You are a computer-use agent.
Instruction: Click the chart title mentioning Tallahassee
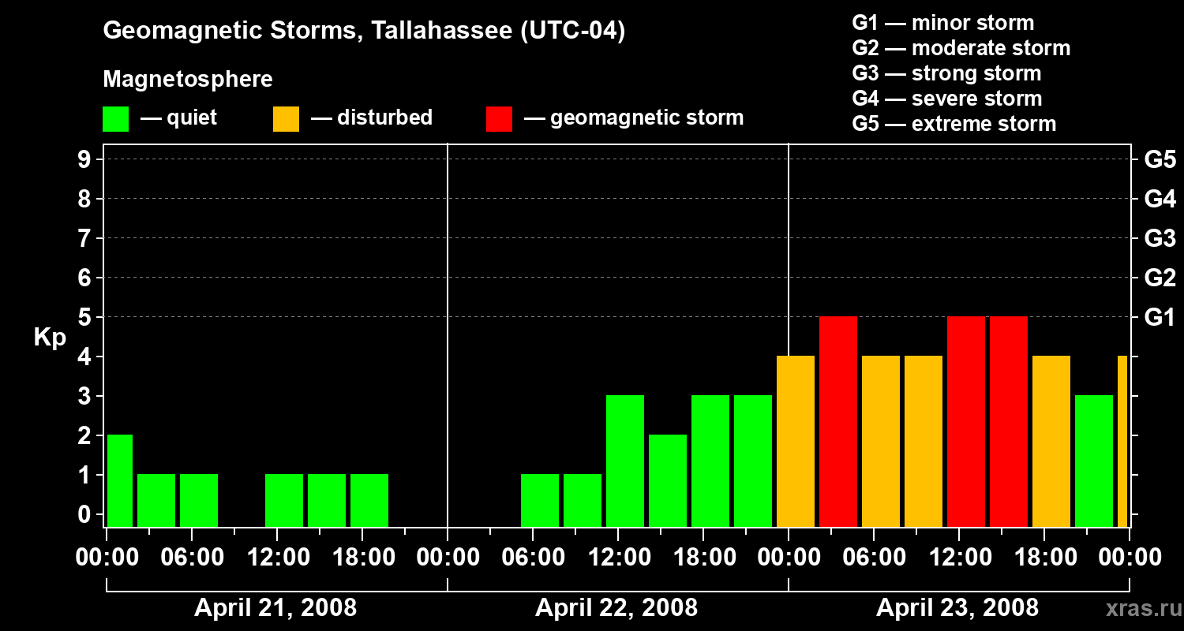(x=364, y=31)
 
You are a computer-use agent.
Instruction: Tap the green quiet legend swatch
(x=115, y=118)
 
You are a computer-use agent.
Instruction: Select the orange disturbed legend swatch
(x=286, y=118)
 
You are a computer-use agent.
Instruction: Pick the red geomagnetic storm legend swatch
(x=499, y=118)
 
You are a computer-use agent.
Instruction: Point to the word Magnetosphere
(x=188, y=80)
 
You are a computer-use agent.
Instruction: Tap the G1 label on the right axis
(x=1160, y=318)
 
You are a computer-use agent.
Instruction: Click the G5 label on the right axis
(x=1160, y=160)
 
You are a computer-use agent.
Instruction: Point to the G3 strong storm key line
(x=946, y=73)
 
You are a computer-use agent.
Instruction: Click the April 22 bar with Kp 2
(x=667, y=480)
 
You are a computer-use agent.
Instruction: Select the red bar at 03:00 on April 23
(x=837, y=421)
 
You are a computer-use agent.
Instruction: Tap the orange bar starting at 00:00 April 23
(x=795, y=441)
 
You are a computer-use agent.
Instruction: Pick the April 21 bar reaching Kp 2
(x=119, y=480)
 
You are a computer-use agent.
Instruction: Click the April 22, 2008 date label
(x=616, y=608)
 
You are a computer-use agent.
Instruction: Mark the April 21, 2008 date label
(x=275, y=608)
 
